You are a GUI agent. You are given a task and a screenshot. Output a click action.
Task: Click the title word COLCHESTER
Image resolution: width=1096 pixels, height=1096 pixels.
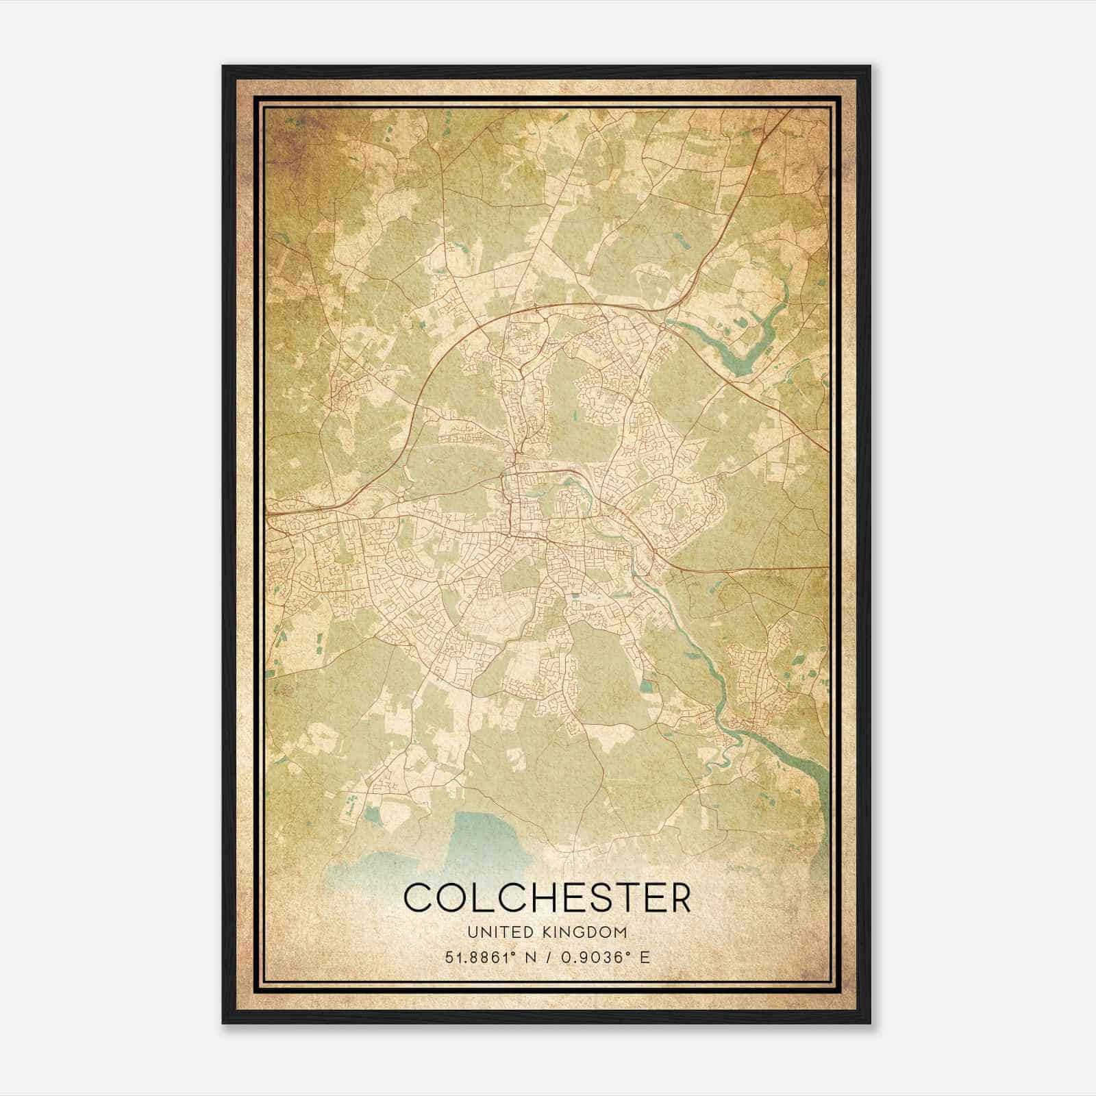(x=547, y=897)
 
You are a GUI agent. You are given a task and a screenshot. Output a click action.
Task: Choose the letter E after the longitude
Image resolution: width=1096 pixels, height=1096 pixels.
(x=644, y=957)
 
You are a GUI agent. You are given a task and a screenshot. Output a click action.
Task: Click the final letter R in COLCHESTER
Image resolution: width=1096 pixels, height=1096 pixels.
(x=680, y=897)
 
